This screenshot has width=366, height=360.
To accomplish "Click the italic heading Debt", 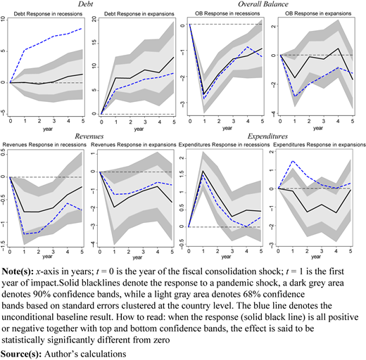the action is [85, 4].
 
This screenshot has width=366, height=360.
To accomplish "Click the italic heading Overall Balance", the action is [263, 4].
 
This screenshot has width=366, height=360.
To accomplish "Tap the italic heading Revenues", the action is [89, 136].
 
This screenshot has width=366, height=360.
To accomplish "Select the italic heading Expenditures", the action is [267, 136].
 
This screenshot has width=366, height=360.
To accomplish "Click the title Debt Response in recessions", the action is [48, 14].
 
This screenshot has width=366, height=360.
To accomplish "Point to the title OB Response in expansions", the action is [318, 13].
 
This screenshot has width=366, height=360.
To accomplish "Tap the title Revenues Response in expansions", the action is [133, 145].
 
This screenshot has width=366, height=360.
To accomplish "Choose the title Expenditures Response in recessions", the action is [224, 145].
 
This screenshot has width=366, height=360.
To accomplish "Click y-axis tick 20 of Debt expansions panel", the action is [94, 19].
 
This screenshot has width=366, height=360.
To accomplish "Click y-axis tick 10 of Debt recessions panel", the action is [3, 19].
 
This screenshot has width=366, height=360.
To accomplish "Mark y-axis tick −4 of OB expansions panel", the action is [273, 113].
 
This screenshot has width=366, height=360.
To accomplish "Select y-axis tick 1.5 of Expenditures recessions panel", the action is [182, 175].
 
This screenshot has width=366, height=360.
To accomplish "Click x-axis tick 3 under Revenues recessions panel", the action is [53, 252].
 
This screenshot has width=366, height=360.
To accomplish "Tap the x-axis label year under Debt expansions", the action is [139, 129].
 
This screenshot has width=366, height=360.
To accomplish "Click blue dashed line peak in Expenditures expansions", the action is [293, 161].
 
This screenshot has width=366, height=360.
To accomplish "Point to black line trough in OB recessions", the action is [204, 94].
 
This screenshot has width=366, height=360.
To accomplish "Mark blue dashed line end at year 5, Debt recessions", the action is [82, 28].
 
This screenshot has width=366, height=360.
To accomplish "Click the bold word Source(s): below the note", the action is [22, 354].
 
